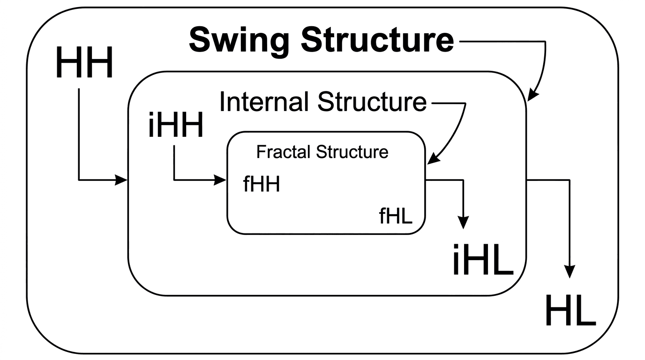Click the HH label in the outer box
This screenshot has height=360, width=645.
pos(84,64)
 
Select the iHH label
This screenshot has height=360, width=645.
pos(175,126)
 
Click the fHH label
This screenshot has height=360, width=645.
pos(262,185)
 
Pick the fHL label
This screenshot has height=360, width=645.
pos(396,217)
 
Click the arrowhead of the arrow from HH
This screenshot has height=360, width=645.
pos(123,179)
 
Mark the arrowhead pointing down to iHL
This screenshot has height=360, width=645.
pos(464,223)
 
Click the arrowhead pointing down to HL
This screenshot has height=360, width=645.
pos(570,272)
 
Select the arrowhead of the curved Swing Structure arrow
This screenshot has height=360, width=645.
pos(532,97)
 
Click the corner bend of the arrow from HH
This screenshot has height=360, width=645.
pos(79,179)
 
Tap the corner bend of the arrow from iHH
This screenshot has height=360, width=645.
pos(174,179)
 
